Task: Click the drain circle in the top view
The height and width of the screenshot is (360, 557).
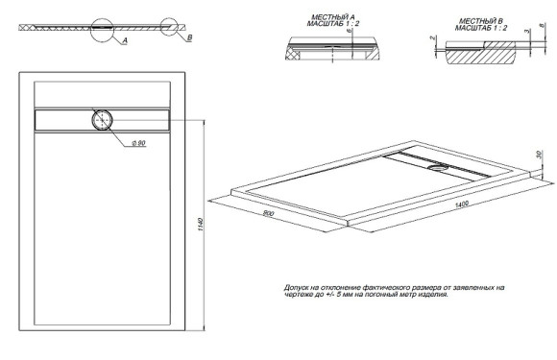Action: (x=103, y=120)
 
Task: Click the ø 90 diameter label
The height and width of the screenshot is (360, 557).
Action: (x=136, y=144)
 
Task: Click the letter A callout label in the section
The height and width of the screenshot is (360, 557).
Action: (x=126, y=43)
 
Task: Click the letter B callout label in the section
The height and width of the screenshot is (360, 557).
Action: (x=190, y=36)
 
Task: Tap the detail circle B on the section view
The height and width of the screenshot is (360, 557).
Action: (x=171, y=28)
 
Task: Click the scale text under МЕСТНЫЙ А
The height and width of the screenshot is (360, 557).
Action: (x=331, y=25)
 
